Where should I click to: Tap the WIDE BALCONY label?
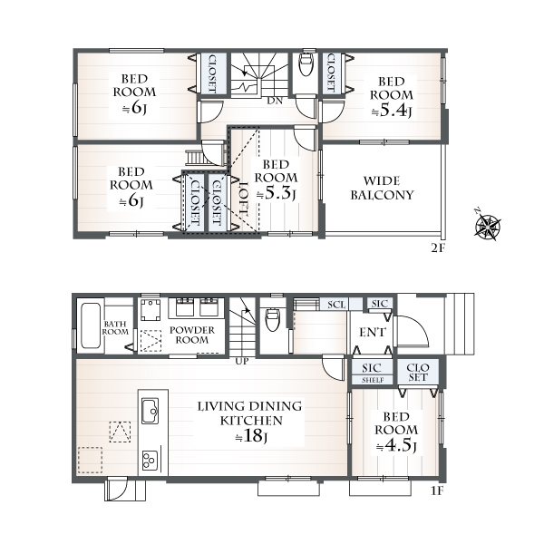click(382, 188)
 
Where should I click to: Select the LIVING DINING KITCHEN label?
click(250, 413)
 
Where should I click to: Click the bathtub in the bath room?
click(90, 325)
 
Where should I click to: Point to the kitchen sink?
click(151, 411)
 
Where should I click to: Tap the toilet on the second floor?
click(306, 64)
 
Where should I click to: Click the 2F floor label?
click(438, 248)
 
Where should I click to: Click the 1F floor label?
click(437, 491)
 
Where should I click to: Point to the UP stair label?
click(242, 362)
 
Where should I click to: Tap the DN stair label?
click(275, 101)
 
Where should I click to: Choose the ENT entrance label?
click(372, 333)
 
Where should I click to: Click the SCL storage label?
click(337, 305)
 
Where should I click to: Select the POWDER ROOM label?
click(192, 335)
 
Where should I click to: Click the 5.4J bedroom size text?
click(392, 111)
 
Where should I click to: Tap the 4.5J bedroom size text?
click(395, 445)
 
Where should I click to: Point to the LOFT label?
click(245, 198)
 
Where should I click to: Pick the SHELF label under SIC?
click(373, 380)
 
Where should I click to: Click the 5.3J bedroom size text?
click(276, 194)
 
